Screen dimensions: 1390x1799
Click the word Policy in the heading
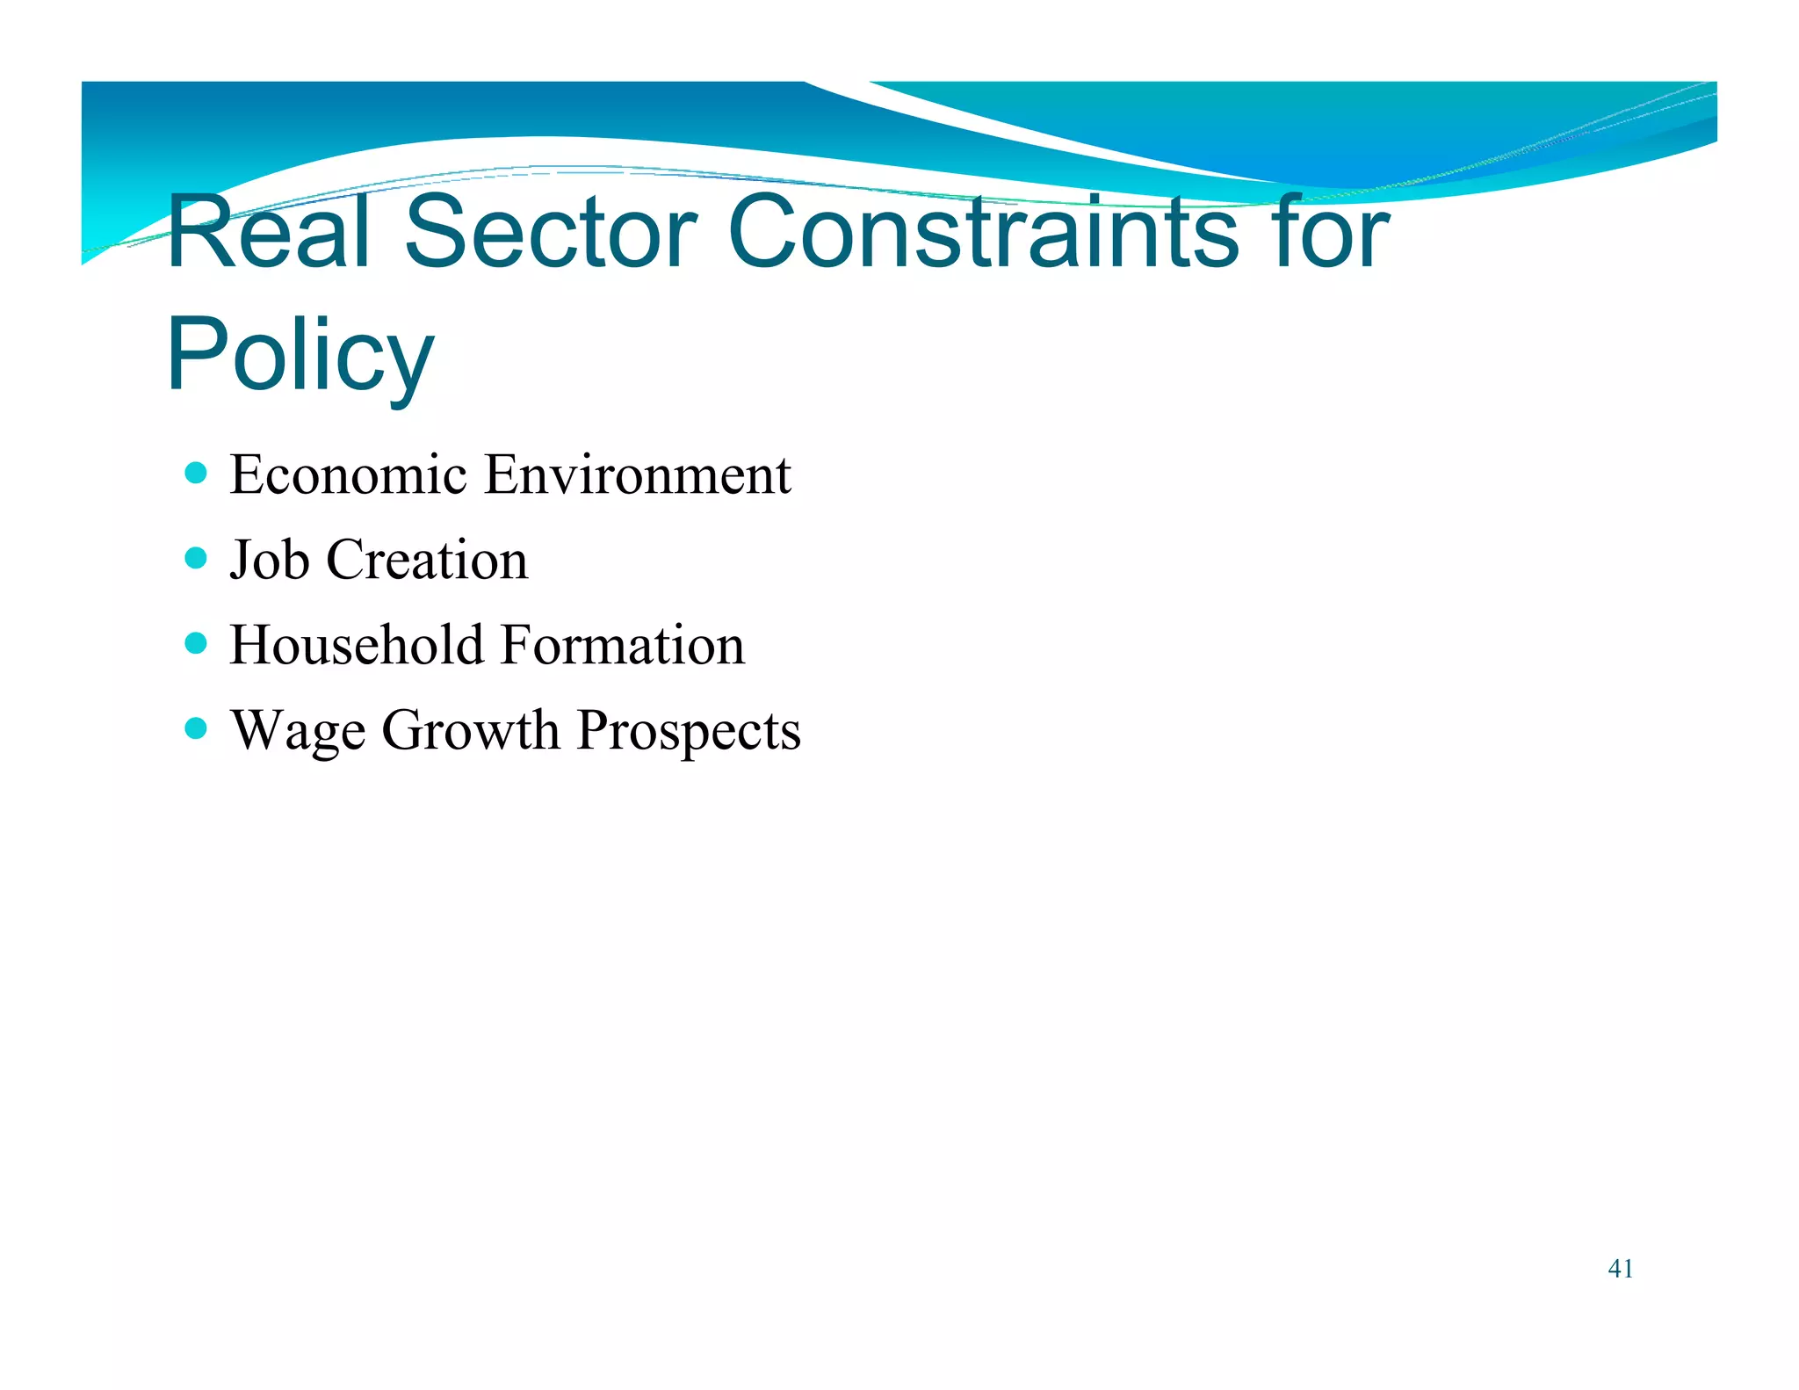[x=300, y=356]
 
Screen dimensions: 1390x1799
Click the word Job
[x=270, y=560]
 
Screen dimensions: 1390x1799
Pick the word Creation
[x=427, y=560]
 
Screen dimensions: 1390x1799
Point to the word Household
[x=357, y=645]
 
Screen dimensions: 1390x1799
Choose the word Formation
[x=623, y=645]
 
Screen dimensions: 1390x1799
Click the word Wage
[x=298, y=730]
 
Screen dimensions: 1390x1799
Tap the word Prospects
[x=689, y=732]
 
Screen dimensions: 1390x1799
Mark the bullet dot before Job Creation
[x=197, y=559]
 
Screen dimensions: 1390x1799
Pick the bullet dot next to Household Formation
[x=197, y=644]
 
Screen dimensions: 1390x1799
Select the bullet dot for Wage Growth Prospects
[x=197, y=728]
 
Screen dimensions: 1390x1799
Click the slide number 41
[x=1620, y=1269]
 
